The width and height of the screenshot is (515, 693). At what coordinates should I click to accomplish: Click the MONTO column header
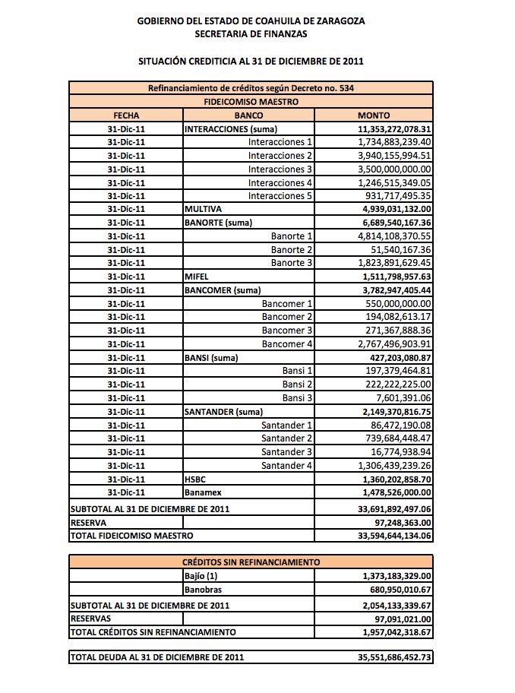point(374,115)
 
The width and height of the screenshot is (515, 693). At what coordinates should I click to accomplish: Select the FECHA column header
point(126,115)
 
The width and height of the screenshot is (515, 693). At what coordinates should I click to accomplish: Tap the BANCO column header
point(249,115)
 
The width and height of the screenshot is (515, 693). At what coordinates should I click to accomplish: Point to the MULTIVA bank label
point(203,209)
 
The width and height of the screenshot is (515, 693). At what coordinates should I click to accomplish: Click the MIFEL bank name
point(196,277)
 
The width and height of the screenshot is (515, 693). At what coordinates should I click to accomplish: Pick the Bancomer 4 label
point(287,344)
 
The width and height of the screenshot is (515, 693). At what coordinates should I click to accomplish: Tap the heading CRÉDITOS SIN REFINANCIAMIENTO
point(251,562)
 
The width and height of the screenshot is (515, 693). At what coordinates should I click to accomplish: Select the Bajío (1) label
point(201,577)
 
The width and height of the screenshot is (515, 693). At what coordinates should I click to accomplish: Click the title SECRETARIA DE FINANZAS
point(251,33)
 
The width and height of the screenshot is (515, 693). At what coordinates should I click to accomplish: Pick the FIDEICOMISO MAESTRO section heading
point(251,101)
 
